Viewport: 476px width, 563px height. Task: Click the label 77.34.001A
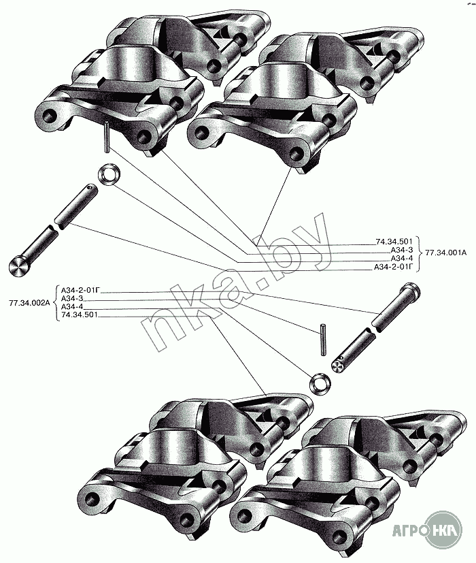pyautogui.click(x=445, y=254)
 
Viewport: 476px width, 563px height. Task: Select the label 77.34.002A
pyautogui.click(x=29, y=302)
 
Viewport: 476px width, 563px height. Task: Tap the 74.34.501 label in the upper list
pyautogui.click(x=394, y=242)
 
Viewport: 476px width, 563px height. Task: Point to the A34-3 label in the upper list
pyautogui.click(x=402, y=250)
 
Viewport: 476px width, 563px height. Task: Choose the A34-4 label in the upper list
pyautogui.click(x=402, y=259)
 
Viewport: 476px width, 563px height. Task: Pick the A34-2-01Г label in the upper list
pyautogui.click(x=394, y=267)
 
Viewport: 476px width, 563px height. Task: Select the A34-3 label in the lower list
pyautogui.click(x=72, y=298)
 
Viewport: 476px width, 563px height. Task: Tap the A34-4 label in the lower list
pyautogui.click(x=72, y=306)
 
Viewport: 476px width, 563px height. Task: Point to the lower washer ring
pyautogui.click(x=320, y=383)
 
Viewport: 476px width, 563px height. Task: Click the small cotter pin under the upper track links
pyautogui.click(x=107, y=138)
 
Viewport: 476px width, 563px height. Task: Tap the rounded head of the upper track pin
pyautogui.click(x=22, y=266)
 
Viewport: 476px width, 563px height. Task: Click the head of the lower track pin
pyautogui.click(x=411, y=294)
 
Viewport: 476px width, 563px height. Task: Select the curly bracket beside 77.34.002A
pyautogui.click(x=55, y=302)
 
